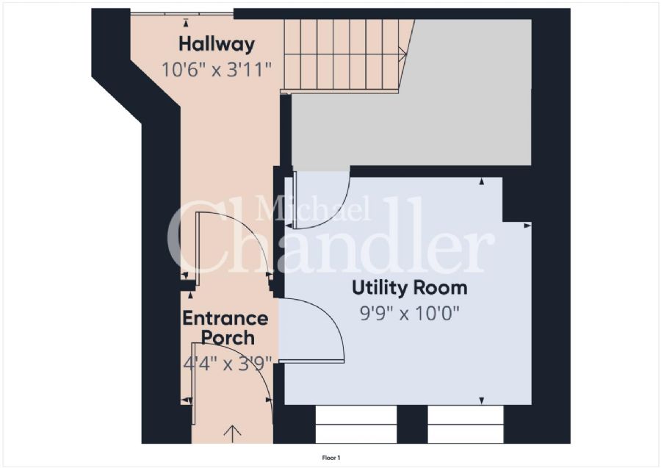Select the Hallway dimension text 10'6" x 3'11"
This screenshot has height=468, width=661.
[x=217, y=70]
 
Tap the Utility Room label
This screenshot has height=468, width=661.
[x=409, y=287]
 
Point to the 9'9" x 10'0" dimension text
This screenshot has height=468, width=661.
[x=409, y=314]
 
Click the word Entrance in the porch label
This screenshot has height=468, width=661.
[x=225, y=319]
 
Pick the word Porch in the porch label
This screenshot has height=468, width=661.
[x=228, y=339]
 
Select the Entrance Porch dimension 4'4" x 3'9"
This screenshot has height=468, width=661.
[x=228, y=362]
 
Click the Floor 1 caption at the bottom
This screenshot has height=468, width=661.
[x=331, y=458]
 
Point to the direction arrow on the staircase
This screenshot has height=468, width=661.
[x=402, y=52]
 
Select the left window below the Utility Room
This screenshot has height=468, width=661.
[x=355, y=425]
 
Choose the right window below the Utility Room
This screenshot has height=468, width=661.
[x=466, y=425]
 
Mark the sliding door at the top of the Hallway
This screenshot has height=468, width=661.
[x=182, y=13]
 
